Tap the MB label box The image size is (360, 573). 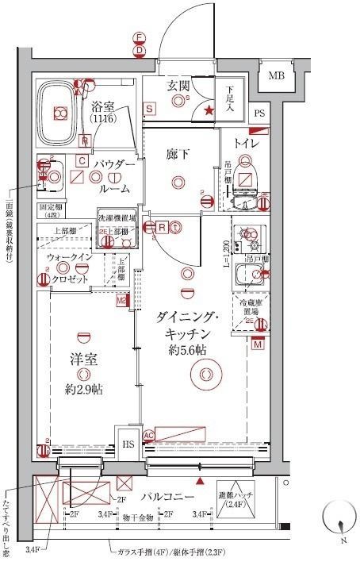pos(276,76)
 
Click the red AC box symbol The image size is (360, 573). pos(147,434)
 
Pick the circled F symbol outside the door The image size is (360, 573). pos(139,37)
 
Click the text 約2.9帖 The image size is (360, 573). pos(84,390)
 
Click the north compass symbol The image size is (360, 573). pos(339,525)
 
